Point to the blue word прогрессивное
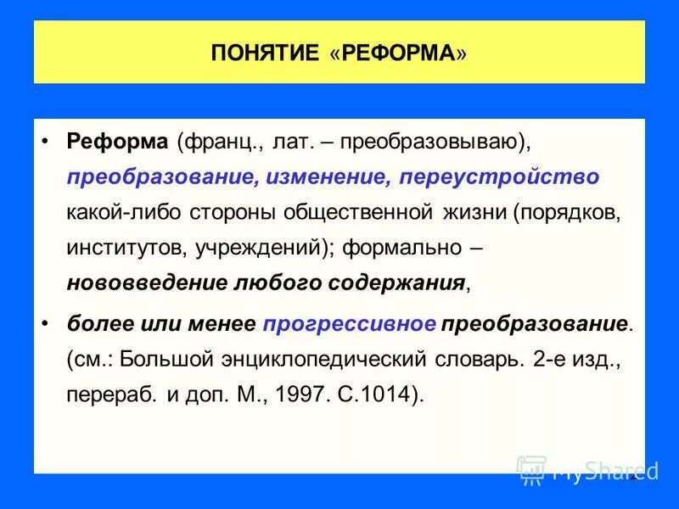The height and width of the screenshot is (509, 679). (x=350, y=324)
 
